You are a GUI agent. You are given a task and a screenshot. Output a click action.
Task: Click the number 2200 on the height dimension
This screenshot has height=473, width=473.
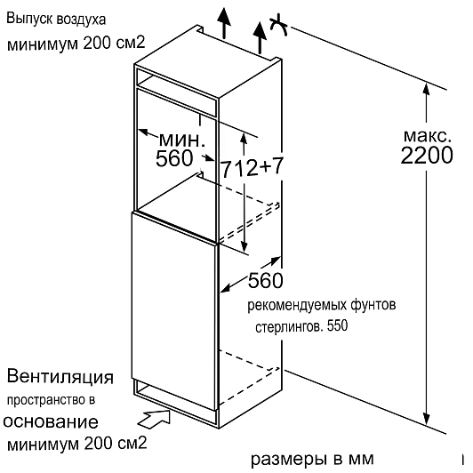(427, 156)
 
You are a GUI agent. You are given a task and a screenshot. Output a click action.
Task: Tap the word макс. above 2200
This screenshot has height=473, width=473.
(427, 135)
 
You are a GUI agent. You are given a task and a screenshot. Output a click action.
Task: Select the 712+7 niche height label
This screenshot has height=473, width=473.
(253, 167)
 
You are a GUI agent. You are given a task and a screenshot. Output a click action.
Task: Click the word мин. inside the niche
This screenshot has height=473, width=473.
(182, 140)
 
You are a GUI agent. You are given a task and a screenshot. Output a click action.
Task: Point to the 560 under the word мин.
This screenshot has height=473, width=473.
(174, 158)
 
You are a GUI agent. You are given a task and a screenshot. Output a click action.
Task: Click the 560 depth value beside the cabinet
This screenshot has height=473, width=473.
(266, 280)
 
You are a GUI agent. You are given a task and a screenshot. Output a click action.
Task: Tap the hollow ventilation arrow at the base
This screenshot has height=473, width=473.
(154, 419)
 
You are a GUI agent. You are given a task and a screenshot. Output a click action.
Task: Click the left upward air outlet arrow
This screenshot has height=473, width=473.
(224, 23)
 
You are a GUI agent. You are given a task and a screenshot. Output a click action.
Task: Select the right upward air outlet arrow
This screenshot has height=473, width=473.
(260, 37)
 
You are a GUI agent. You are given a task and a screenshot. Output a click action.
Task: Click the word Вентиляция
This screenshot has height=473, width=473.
(60, 377)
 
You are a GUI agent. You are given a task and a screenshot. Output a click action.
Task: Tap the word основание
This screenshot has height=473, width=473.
(51, 421)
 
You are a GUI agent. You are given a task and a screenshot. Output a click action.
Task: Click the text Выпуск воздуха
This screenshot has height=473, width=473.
(56, 20)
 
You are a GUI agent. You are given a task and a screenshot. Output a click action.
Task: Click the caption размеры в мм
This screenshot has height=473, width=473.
(312, 459)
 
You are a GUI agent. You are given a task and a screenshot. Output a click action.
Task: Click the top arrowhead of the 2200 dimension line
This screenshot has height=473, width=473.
(426, 89)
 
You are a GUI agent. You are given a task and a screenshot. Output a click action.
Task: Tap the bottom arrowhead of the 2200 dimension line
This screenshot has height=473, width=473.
(426, 418)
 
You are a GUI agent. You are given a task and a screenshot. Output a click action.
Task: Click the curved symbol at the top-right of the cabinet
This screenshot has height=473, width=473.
(278, 24)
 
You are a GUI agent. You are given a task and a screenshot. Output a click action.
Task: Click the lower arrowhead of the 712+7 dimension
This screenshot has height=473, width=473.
(244, 247)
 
